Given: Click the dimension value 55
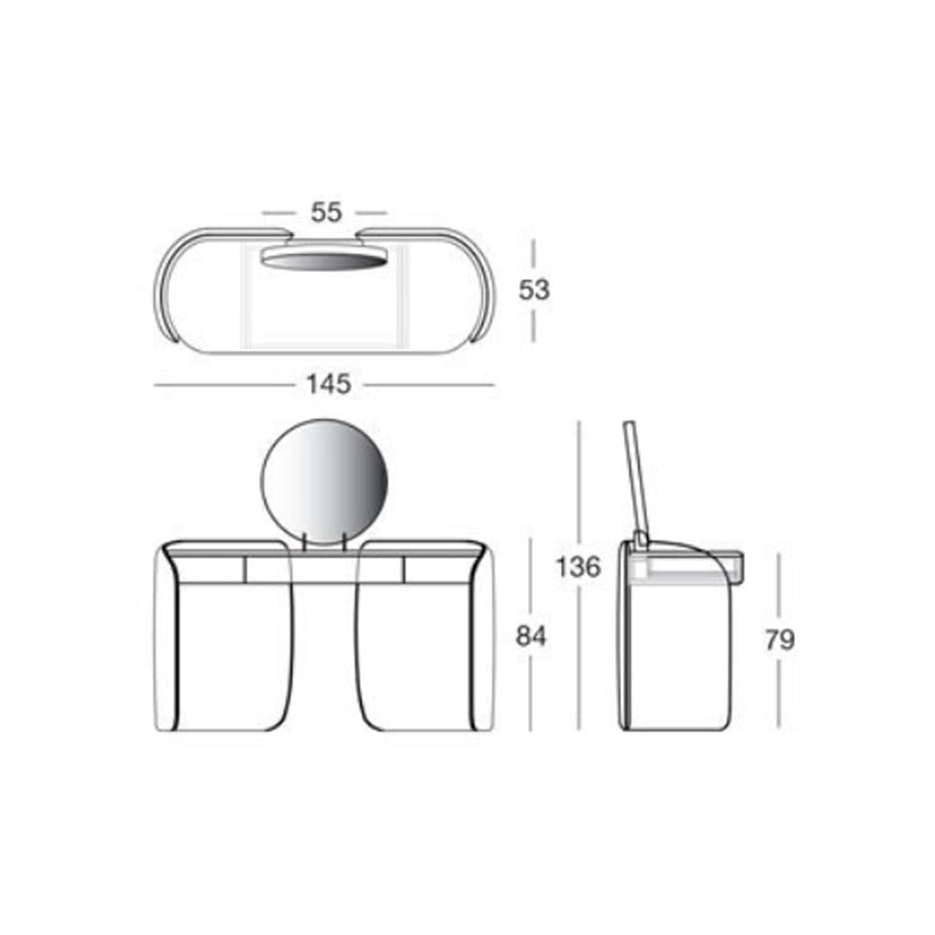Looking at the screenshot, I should [x=325, y=212].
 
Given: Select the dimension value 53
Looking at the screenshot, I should [x=534, y=290].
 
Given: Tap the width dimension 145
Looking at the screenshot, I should [x=327, y=383].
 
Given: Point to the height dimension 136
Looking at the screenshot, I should [x=578, y=567].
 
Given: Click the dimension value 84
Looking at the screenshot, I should [x=531, y=637].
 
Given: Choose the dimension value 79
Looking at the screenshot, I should [x=779, y=640].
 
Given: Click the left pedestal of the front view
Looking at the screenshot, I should [x=224, y=654].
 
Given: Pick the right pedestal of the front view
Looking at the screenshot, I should [x=421, y=654].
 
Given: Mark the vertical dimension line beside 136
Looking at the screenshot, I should [x=579, y=486].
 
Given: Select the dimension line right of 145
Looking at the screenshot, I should [x=430, y=384].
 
